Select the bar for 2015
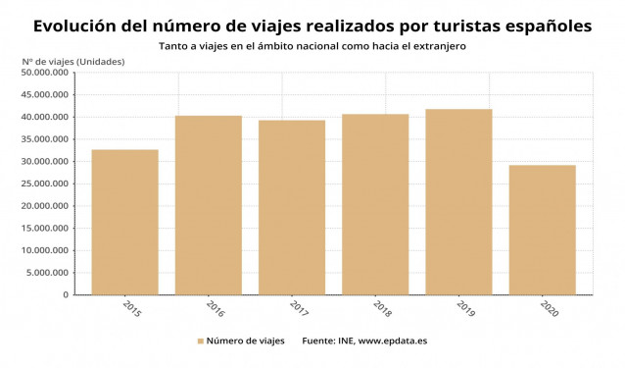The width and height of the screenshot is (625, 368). click(x=124, y=222)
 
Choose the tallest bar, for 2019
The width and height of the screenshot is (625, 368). click(x=458, y=201)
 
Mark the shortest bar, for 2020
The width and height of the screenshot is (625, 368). click(x=542, y=230)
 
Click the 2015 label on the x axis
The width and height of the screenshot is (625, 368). click(x=131, y=307)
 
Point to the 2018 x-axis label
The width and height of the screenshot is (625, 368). click(x=382, y=307)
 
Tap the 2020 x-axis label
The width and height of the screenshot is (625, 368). click(x=549, y=307)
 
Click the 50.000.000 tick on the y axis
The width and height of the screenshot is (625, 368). click(x=44, y=73)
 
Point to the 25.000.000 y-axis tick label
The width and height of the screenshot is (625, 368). click(x=44, y=184)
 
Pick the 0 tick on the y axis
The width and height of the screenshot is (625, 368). click(x=65, y=294)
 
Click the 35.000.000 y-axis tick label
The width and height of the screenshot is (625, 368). click(x=44, y=139)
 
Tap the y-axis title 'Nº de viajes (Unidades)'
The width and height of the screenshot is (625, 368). click(x=72, y=61)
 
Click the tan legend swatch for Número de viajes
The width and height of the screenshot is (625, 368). click(x=200, y=342)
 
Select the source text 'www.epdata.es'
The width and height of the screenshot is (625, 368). click(x=393, y=342)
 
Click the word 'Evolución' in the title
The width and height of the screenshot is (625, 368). click(x=74, y=26)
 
